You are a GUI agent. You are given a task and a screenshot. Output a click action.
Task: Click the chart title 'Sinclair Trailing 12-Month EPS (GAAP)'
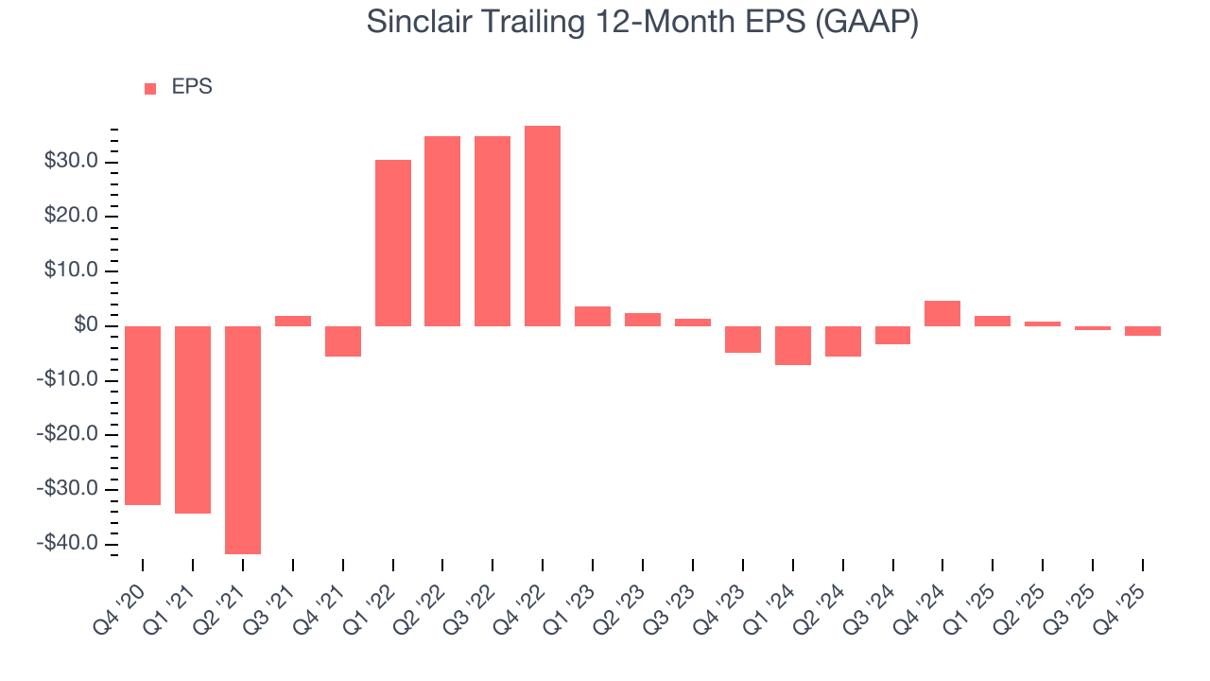click(643, 23)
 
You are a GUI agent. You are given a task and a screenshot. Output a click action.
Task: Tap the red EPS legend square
click(150, 88)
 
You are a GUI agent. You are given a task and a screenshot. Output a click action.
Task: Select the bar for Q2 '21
click(243, 440)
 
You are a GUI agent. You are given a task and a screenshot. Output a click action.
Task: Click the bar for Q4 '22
click(543, 226)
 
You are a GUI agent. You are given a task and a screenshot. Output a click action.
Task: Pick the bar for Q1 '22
click(393, 243)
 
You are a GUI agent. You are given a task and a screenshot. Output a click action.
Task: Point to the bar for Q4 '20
click(143, 415)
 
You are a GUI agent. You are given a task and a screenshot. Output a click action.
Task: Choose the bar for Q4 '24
click(942, 313)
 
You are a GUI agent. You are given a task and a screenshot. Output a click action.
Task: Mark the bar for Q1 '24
click(792, 345)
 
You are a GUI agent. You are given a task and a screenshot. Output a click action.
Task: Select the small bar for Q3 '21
click(293, 321)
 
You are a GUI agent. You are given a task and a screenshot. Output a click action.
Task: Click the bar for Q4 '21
click(343, 341)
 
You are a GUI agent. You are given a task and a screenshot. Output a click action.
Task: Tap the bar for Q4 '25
click(1142, 331)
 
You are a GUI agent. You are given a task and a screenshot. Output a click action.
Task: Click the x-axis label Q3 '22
click(473, 602)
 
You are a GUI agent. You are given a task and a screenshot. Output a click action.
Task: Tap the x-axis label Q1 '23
click(572, 602)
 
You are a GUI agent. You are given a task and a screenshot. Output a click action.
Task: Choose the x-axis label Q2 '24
click(822, 602)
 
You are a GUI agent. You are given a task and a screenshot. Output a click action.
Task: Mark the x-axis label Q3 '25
click(1072, 602)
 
